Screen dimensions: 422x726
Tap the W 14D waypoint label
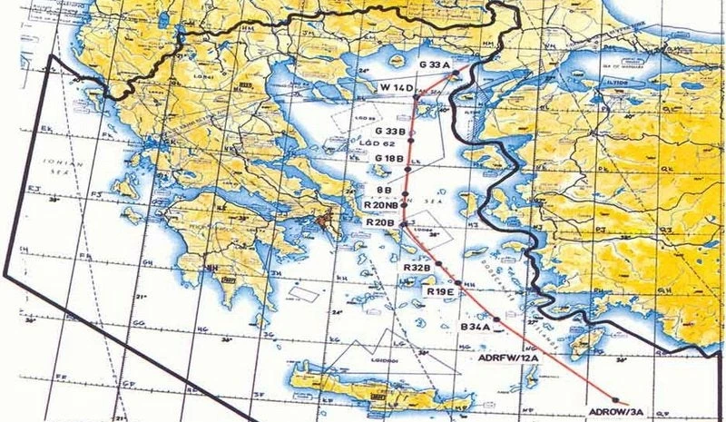397,87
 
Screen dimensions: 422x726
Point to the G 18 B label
389,158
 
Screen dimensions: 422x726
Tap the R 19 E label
440,291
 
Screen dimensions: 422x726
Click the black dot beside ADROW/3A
618,400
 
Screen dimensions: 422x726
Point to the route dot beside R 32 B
438,263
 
